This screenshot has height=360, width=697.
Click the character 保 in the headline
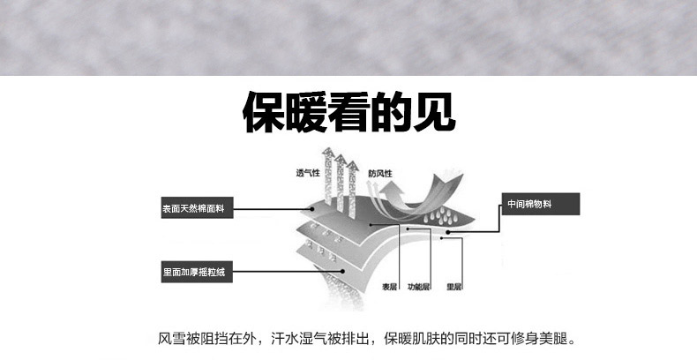click(265, 114)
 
